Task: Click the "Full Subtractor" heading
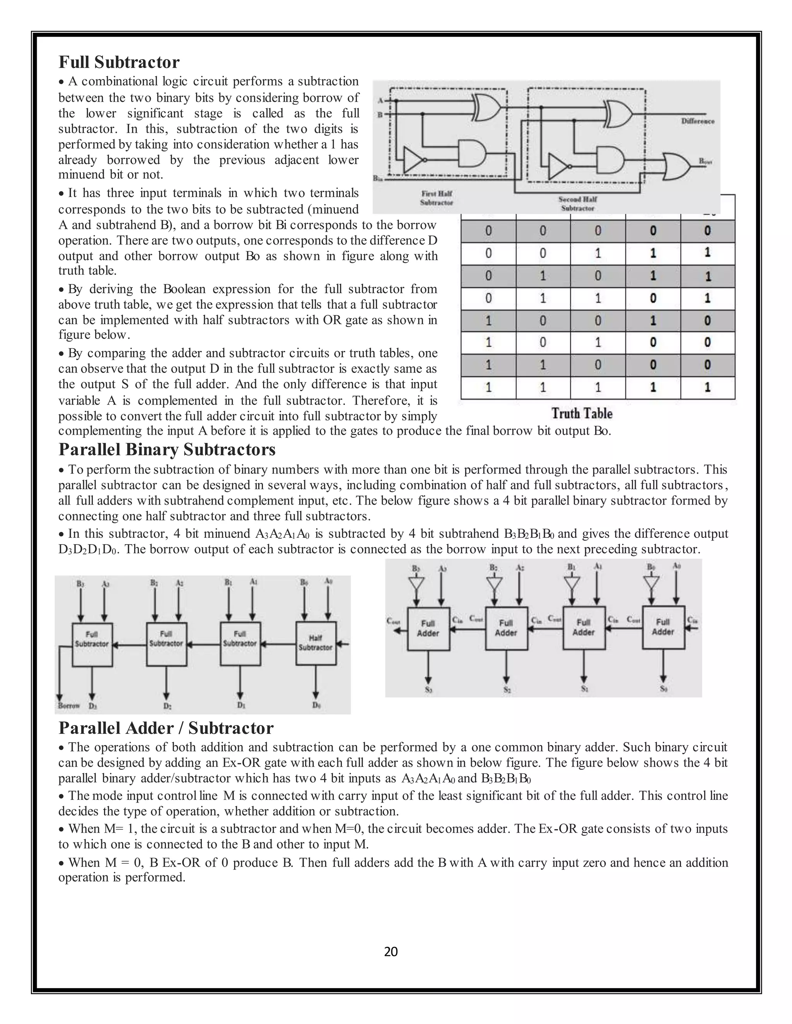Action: pos(119,62)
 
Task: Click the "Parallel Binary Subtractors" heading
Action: pos(167,450)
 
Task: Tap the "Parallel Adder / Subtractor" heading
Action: pos(166,728)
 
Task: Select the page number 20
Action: pos(391,961)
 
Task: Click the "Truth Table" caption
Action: pos(582,413)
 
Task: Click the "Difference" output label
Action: pos(697,121)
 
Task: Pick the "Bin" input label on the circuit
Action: pos(377,179)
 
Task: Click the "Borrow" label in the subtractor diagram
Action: pos(68,706)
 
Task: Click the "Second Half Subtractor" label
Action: pos(577,204)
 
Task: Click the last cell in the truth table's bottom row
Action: pos(707,387)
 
